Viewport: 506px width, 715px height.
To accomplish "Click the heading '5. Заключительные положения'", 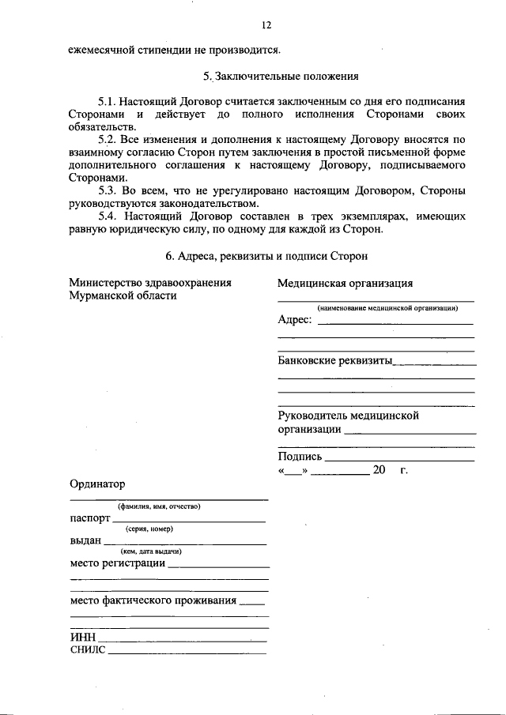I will click(281, 77).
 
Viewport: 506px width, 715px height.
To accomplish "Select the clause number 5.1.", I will click(108, 103).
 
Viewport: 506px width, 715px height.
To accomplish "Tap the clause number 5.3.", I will click(108, 191).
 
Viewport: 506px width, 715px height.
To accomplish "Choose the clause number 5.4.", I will click(108, 216).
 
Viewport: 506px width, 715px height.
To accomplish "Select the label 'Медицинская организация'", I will click(345, 284).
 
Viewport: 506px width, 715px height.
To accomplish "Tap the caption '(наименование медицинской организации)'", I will click(376, 308).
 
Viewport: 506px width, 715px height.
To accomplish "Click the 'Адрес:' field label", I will click(295, 320).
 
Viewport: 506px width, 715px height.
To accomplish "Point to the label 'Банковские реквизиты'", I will click(335, 360).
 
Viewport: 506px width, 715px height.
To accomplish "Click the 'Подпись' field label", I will click(300, 457).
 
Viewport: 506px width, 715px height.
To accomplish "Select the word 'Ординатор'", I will click(96, 484).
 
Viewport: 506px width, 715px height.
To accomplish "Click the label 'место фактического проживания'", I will click(153, 600).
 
